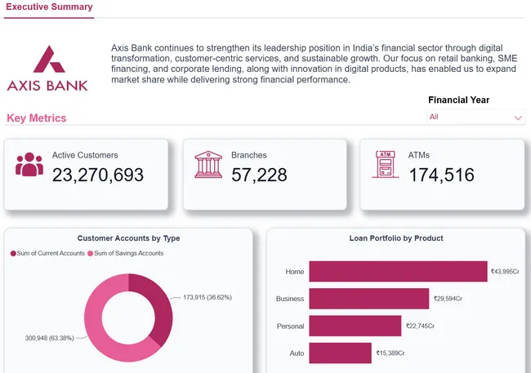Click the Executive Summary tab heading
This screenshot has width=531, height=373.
(49, 7)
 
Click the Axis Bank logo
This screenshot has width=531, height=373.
(47, 68)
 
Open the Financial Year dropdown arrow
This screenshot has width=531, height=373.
(518, 118)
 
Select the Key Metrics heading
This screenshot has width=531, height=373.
(37, 118)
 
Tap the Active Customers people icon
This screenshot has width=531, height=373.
(29, 165)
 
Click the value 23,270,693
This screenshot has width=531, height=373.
(98, 175)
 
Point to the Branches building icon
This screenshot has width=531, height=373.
(208, 165)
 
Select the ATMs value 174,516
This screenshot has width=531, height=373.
(441, 175)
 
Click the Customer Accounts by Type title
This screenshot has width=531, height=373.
(129, 238)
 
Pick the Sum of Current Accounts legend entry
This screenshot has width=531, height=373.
(47, 254)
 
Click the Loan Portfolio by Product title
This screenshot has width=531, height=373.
(395, 238)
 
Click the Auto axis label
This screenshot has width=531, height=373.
(297, 353)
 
